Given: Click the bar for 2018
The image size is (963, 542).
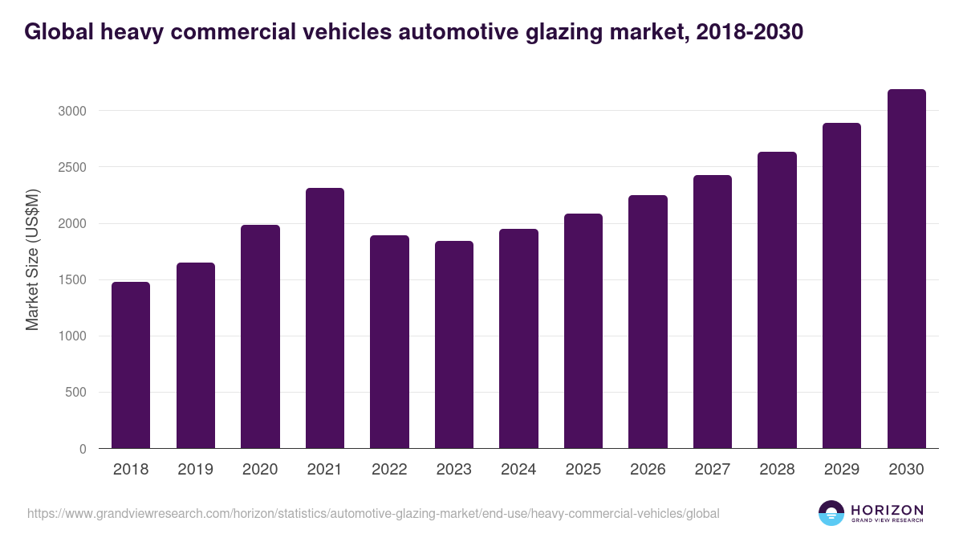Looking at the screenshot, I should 131,365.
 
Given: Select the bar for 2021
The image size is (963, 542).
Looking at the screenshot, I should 324,318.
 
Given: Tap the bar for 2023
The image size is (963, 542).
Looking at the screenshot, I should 453,344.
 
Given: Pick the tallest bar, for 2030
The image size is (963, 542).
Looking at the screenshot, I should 906,269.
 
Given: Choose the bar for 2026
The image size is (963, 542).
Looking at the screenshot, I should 648,322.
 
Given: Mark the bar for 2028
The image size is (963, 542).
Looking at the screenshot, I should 777,300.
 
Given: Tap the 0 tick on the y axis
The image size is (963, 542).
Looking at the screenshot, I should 83,450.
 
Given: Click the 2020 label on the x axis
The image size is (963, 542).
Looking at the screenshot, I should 260,470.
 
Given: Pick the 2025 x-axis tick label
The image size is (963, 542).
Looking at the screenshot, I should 583,470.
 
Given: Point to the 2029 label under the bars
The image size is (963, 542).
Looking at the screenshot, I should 841,470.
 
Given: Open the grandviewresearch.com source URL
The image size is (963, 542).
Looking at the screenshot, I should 373,513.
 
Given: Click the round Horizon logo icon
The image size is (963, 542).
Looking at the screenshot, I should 831,513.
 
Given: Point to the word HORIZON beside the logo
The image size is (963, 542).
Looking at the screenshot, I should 888,510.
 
